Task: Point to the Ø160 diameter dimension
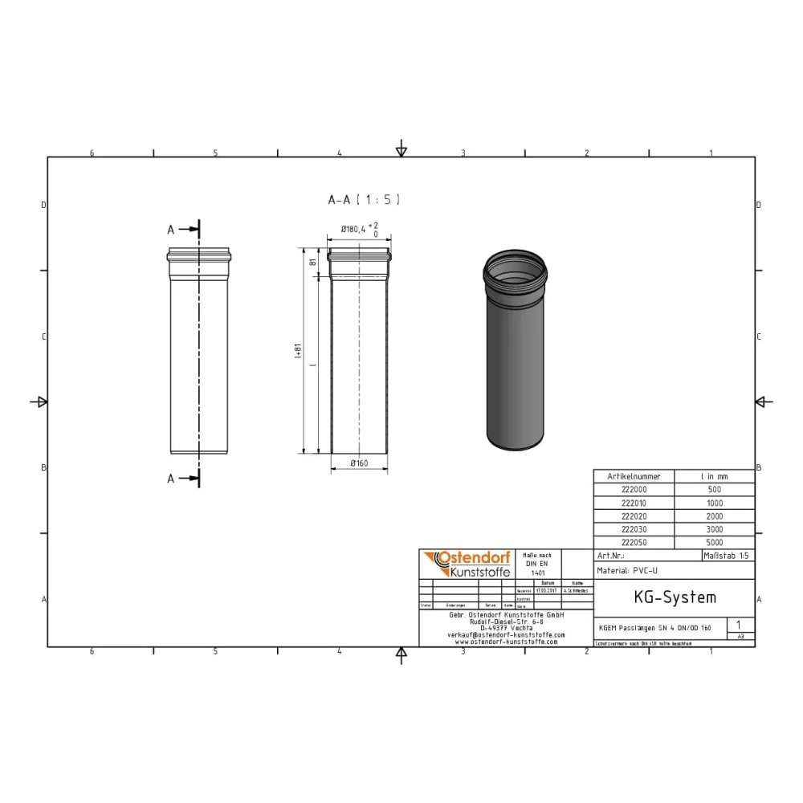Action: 358,463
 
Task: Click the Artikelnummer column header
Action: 634,476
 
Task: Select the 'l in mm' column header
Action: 714,476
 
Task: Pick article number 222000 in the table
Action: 634,489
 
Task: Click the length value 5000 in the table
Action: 714,543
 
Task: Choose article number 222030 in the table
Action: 634,529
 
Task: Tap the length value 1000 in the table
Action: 714,503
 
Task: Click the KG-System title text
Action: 674,597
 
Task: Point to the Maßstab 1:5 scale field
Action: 728,556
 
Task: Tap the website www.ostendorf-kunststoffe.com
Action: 506,642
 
